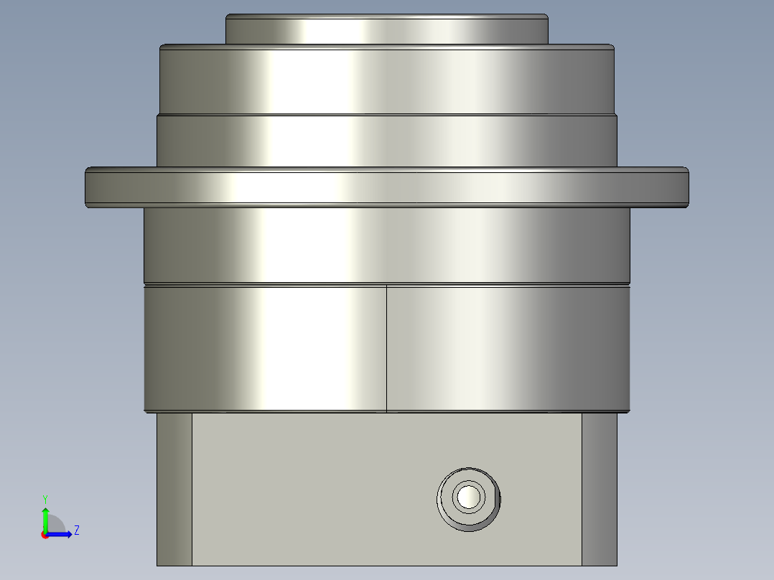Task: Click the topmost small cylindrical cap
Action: [x=387, y=29]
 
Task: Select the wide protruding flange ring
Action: [x=387, y=188]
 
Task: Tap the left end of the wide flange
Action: [x=89, y=188]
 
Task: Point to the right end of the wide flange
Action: [x=685, y=188]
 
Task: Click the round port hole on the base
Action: [x=468, y=497]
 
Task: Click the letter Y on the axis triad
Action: [x=45, y=498]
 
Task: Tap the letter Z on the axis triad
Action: [x=76, y=530]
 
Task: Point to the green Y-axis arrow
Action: [x=45, y=517]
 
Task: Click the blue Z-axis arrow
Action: [x=62, y=534]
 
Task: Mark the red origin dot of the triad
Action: [x=45, y=535]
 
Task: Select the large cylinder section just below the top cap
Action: [x=387, y=79]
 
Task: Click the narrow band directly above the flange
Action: [x=387, y=141]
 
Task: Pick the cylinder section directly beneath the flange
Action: [x=387, y=244]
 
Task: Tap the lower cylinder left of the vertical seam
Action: [x=266, y=348]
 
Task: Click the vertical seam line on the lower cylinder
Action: [x=386, y=348]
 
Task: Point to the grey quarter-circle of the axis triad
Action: [x=56, y=523]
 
